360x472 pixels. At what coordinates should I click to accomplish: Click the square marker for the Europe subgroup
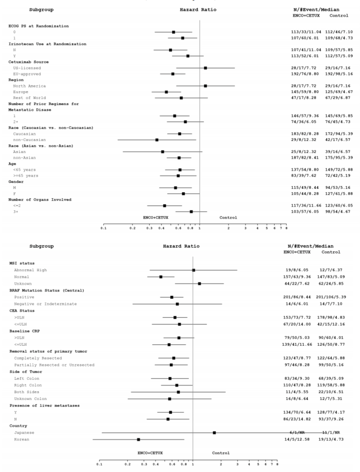166,92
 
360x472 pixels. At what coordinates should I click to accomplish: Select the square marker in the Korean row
138,439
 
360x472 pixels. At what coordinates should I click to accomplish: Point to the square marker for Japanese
214,432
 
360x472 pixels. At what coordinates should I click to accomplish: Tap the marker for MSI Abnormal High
193,270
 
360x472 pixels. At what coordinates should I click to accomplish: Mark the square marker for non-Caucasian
157,140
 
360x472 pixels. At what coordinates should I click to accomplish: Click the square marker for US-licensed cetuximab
205,68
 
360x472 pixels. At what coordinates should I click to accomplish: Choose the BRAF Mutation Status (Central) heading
42,290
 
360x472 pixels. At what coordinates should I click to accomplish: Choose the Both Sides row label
25,392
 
